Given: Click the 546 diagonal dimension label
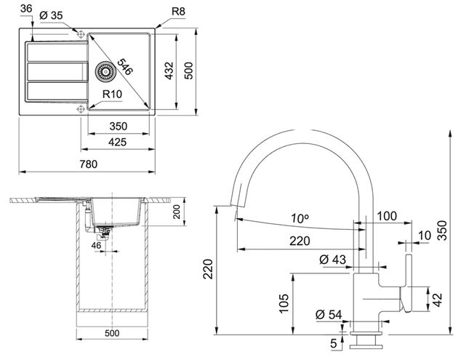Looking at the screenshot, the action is point(125,66).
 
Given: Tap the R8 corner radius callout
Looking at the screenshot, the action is point(178,12).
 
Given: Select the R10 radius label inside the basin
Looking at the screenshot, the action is point(112,94).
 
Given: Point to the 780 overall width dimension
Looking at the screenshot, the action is point(89,164).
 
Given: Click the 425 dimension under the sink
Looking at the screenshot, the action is point(118,142).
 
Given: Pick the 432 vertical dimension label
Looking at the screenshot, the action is point(169,71).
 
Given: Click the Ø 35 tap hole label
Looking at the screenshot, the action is point(51,15).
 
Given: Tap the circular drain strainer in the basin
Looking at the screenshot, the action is point(104,71).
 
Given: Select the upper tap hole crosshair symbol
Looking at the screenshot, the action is point(80,34).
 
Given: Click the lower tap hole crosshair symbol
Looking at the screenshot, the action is point(80,109).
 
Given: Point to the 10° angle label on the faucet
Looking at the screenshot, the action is point(300,218).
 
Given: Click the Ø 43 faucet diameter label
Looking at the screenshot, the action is point(333,260).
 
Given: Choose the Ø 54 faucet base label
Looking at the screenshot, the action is point(329,314).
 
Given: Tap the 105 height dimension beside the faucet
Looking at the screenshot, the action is point(284,303).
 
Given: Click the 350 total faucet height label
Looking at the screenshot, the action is point(442,231).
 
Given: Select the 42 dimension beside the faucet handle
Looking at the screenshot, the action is point(438,300).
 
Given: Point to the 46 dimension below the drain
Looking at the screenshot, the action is point(96,245).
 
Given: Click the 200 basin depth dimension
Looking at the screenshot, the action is point(177,212).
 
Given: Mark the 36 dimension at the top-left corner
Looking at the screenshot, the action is point(26,9).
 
